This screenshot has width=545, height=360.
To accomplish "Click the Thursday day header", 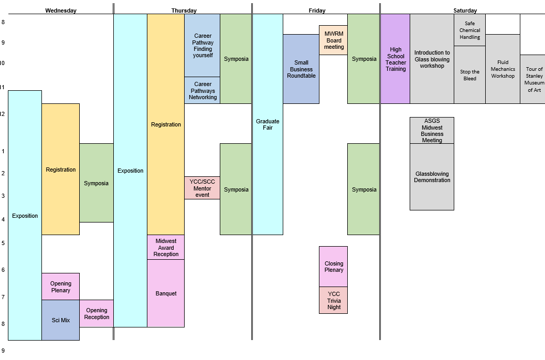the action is [184, 10].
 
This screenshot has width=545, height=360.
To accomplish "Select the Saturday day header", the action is [465, 10].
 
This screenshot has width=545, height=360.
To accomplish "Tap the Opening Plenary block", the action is [60, 287].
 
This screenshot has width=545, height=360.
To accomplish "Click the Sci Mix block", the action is [60, 320].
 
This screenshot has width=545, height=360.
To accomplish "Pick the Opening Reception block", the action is [97, 313].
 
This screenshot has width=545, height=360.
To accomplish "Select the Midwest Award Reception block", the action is [166, 247].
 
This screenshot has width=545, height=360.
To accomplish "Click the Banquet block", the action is [166, 293].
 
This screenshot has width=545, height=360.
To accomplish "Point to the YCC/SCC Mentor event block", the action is [202, 188].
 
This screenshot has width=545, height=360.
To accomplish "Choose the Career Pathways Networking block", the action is [202, 90].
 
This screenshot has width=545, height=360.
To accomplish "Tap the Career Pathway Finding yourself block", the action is [202, 46].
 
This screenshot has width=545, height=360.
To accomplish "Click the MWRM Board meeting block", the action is [333, 40].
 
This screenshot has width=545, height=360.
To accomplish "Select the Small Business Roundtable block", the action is [301, 69].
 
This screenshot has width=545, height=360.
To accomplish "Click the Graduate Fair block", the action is [268, 124].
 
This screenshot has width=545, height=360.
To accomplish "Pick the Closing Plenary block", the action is [333, 267].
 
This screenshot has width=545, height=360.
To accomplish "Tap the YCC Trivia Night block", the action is [333, 300].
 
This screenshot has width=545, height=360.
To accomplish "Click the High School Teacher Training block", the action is [396, 59].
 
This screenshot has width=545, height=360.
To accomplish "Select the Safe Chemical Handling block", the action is [469, 30].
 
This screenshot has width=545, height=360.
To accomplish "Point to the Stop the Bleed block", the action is [469, 75].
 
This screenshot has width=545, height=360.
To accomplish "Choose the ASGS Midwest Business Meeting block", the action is [432, 131].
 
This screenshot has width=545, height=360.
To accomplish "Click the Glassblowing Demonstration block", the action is [432, 177].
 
